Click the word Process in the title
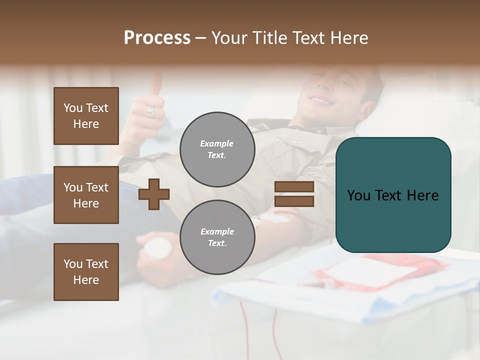click(157, 38)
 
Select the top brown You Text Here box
click(86, 116)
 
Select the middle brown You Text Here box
click(86, 195)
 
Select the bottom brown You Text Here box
click(86, 272)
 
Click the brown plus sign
click(154, 194)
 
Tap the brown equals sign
click(294, 194)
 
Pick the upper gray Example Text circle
click(217, 149)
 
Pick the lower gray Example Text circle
click(217, 237)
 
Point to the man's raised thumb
click(156, 82)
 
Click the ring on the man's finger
click(150, 111)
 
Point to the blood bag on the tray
click(370, 272)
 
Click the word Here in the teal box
click(422, 195)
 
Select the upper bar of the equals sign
click(294, 187)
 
